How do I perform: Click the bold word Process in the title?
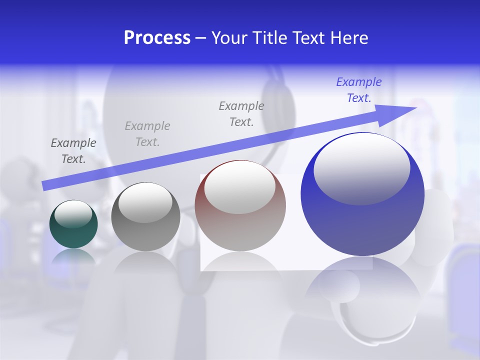(x=157, y=38)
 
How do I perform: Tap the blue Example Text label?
(x=359, y=90)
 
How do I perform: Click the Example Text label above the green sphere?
(x=73, y=151)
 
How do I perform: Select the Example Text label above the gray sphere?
(x=147, y=134)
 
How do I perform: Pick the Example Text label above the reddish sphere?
(x=241, y=113)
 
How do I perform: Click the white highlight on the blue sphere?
(x=361, y=167)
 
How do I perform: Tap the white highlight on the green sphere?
(x=73, y=214)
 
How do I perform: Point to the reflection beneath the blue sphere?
(x=362, y=295)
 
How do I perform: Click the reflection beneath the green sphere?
(x=73, y=256)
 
